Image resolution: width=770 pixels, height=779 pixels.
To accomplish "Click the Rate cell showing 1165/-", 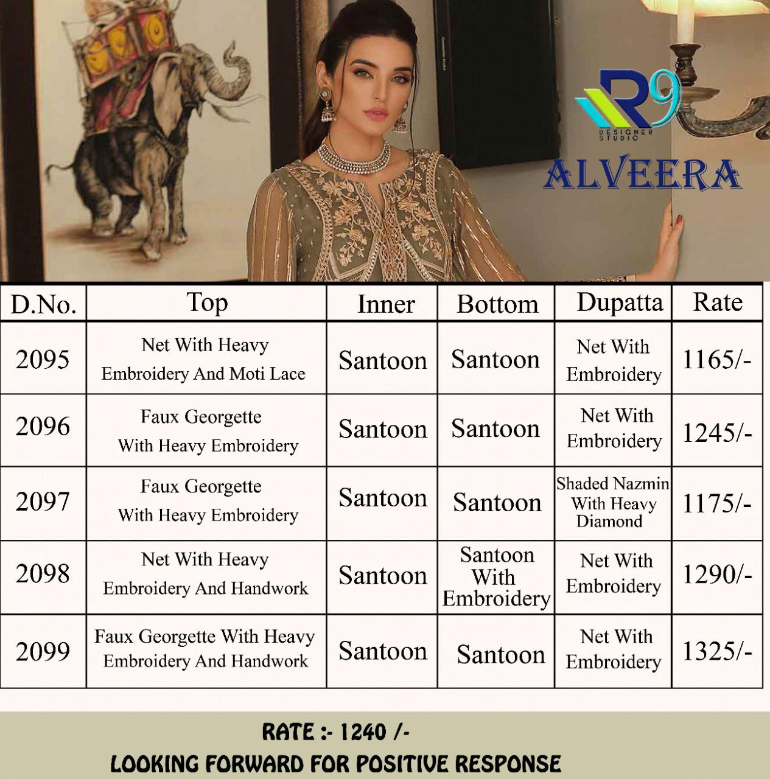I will point(716,360).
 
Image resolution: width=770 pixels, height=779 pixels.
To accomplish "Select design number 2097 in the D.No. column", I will point(43,502).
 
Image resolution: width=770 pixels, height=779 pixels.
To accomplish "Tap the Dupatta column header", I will point(619,302).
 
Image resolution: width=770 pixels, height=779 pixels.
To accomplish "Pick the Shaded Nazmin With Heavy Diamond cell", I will point(612,503).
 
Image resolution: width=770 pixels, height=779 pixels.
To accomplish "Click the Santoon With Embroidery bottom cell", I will point(496,576).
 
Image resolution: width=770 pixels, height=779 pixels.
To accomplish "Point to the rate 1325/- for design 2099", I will point(716,652).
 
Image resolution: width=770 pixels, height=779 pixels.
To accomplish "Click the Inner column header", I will point(385,304).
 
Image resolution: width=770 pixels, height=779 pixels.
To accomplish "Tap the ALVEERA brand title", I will point(642,175).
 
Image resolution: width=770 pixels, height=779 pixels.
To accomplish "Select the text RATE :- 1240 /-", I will point(335,732).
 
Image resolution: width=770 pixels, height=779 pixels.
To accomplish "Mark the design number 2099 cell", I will point(43,652).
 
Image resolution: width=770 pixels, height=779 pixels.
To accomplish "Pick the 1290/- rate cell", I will point(716,575).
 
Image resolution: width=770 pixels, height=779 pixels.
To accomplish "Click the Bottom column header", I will point(497,304).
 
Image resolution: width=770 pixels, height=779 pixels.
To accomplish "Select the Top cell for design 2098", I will point(205,574).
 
